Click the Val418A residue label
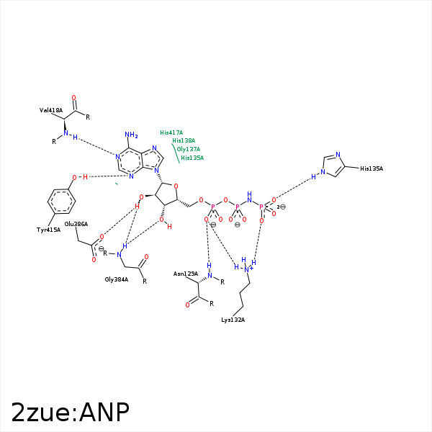[51, 110]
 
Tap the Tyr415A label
[48, 230]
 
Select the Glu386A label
[76, 225]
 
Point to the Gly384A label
[117, 279]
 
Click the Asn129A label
[186, 274]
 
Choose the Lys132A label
[233, 320]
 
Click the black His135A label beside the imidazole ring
[372, 168]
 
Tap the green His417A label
[171, 132]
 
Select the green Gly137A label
[189, 149]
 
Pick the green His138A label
[184, 140]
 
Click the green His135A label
[192, 158]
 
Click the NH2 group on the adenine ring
[131, 135]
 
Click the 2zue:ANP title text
[70, 412]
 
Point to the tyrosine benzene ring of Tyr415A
[61, 200]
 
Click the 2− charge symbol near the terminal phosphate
[281, 207]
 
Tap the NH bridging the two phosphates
[249, 197]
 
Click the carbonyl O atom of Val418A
[73, 97]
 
